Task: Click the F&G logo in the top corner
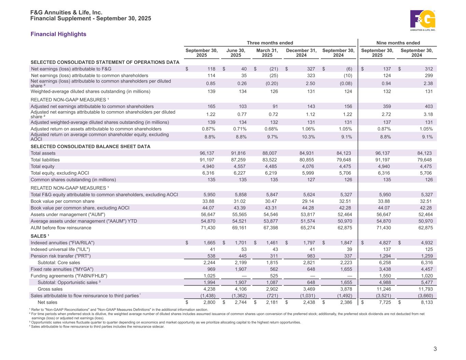pos(423,20)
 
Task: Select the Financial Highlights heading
pos(58,34)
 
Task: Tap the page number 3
pos(435,349)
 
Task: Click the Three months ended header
pos(270,43)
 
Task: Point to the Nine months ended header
pos(398,43)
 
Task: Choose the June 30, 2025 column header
pos(236,53)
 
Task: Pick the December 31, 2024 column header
pos(301,53)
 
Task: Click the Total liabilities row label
pos(45,160)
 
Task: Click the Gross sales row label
pos(50,289)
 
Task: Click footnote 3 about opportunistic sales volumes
pos(166,322)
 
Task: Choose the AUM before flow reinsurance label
pos(61,228)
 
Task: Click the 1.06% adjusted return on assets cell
pos(308,129)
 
